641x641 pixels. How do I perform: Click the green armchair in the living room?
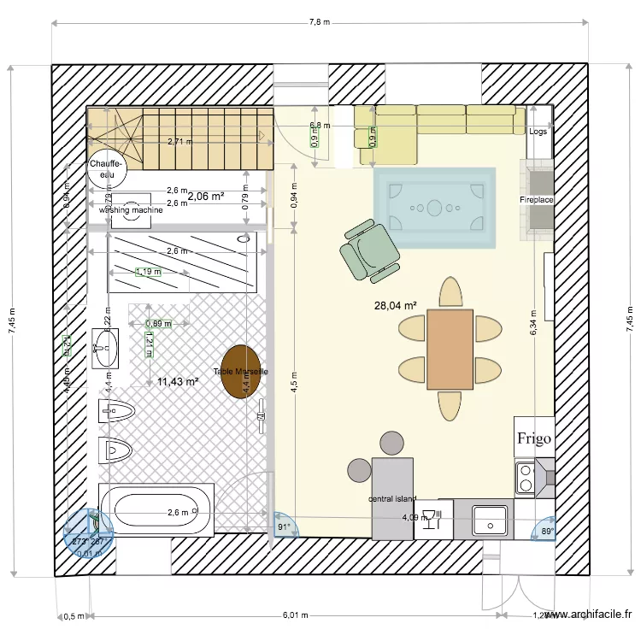(370, 250)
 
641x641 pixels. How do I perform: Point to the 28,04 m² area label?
(395, 305)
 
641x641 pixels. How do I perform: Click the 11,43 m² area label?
(178, 382)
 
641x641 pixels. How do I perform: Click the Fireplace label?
(537, 200)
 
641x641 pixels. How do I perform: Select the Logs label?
(538, 132)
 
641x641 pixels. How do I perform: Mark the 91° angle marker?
(282, 527)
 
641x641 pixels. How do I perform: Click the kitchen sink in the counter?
(491, 520)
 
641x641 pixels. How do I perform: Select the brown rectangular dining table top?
(450, 350)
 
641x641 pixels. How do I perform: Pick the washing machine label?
(131, 209)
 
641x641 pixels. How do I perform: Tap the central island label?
(392, 498)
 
